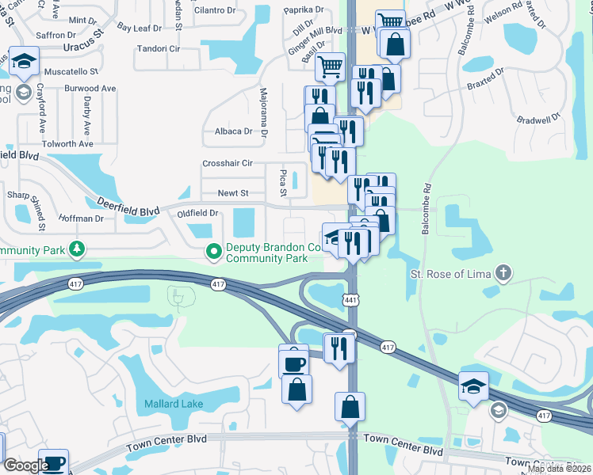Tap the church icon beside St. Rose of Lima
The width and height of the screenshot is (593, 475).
501,274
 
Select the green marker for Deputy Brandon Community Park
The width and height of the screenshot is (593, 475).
213,253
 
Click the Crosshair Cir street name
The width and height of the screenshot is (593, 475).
227,163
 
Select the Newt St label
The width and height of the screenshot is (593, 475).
233,193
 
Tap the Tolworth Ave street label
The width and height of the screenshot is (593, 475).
68,144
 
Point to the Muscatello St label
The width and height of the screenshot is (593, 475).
70,70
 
